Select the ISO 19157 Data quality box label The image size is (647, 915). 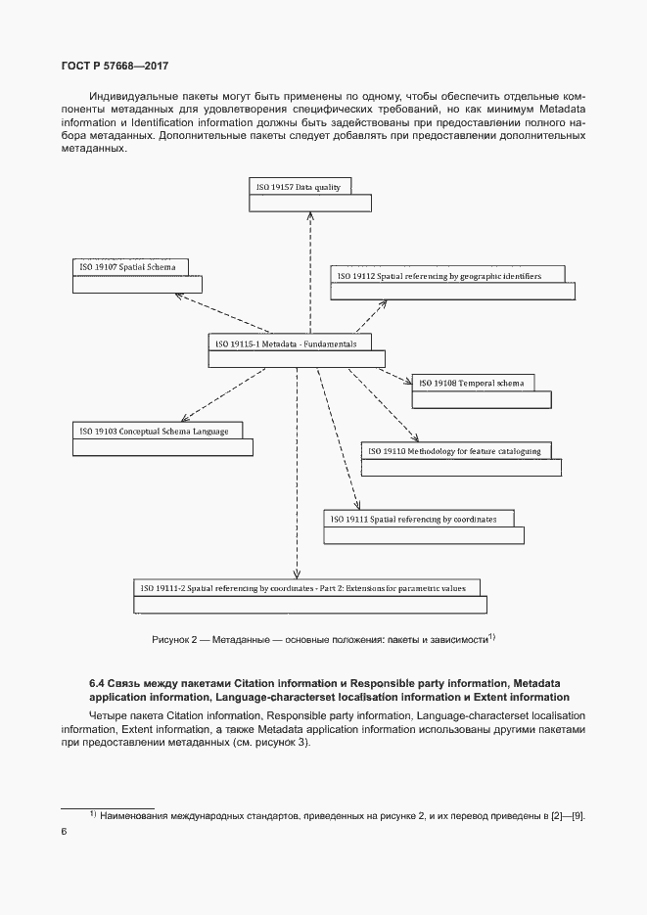[299, 186]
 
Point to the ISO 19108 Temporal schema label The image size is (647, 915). [472, 383]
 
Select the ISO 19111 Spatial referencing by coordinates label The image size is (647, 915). [415, 518]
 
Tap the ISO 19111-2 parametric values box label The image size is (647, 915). [305, 587]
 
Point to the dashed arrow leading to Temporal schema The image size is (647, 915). [393, 375]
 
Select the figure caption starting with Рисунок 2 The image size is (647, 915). [324, 639]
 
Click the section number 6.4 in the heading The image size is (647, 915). [99, 682]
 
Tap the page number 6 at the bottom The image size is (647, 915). [64, 831]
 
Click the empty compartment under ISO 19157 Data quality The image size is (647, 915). [310, 203]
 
